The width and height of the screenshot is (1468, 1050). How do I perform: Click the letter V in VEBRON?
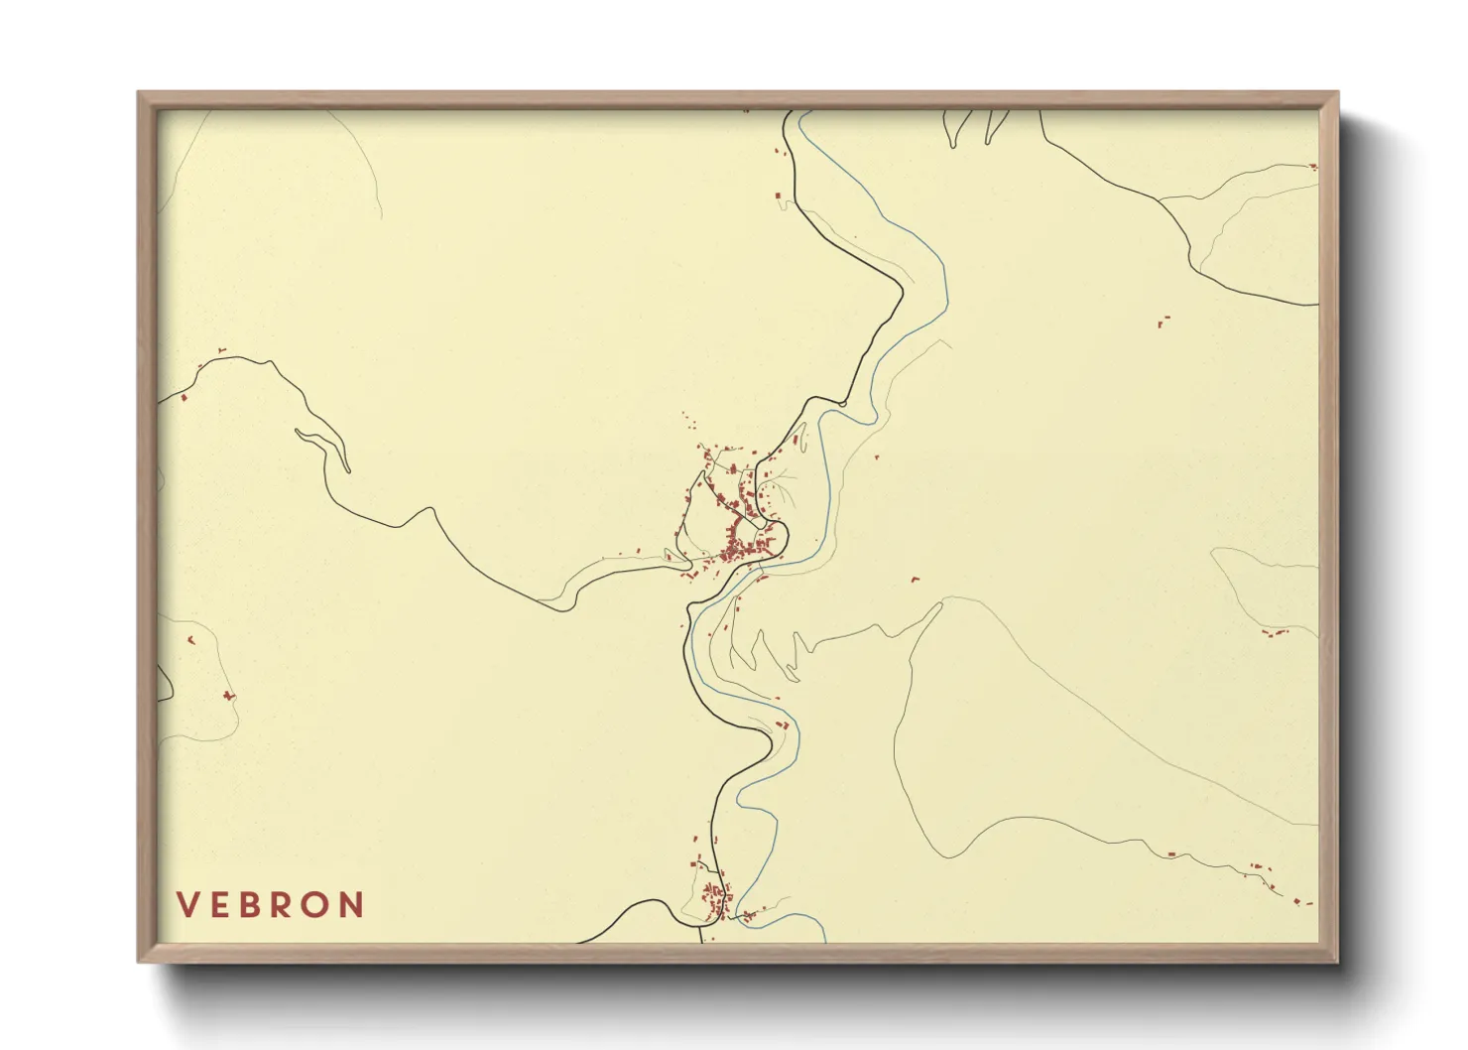[186, 905]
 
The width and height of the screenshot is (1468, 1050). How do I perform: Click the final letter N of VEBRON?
[353, 905]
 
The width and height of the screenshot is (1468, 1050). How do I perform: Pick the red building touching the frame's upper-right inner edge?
[1314, 167]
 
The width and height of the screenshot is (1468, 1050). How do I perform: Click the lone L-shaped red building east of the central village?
[916, 579]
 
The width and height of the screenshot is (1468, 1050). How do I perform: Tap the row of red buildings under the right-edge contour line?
[1273, 632]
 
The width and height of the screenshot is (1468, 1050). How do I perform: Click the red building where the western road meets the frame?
[184, 398]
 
